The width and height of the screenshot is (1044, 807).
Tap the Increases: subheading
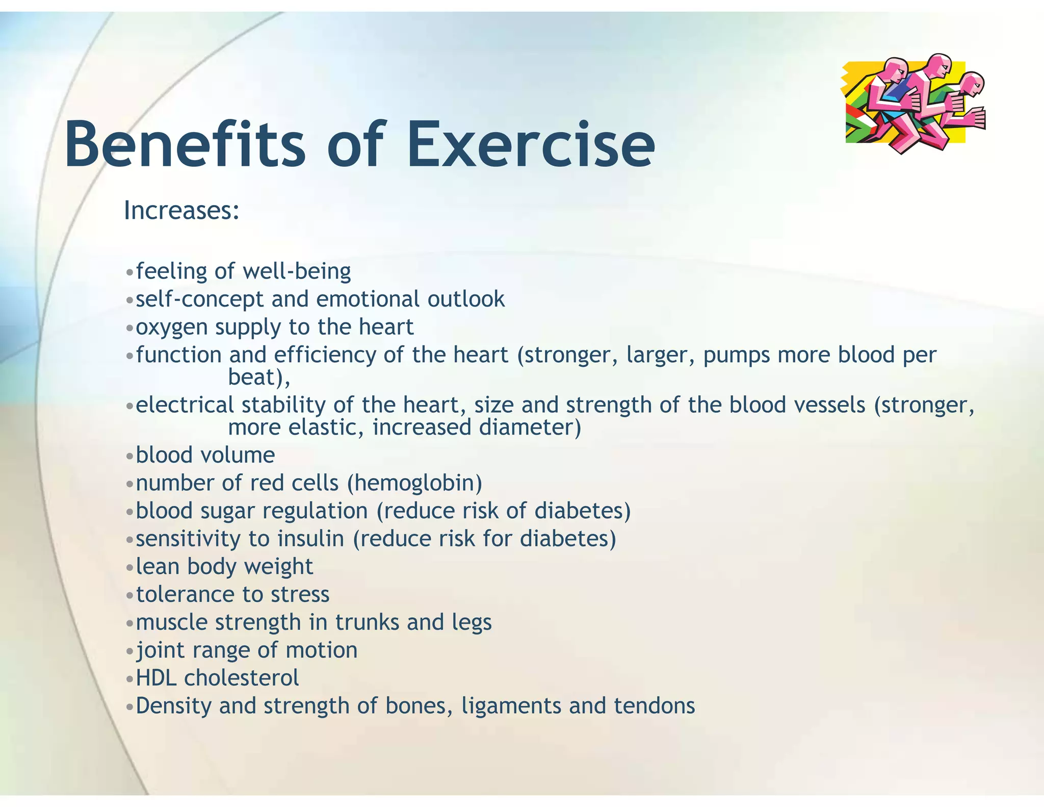pyautogui.click(x=181, y=210)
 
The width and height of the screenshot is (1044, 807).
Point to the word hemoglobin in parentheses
pyautogui.click(x=414, y=483)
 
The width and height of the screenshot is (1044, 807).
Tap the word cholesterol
pyautogui.click(x=241, y=678)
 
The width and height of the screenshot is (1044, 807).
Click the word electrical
pyautogui.click(x=185, y=405)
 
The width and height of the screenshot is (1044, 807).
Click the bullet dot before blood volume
pyautogui.click(x=129, y=456)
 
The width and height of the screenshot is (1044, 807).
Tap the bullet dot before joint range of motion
pyautogui.click(x=129, y=651)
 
